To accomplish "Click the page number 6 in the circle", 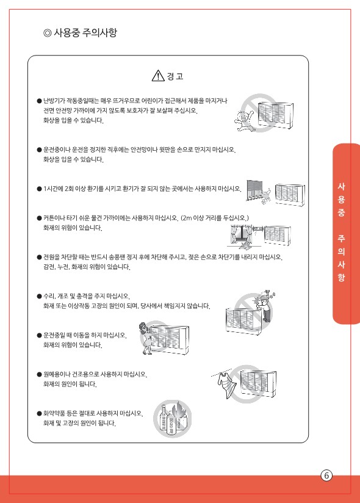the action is point(326,475).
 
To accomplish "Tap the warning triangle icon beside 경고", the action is point(158,76).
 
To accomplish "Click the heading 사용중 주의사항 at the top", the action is point(85,32).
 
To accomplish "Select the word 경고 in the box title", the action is point(175,76).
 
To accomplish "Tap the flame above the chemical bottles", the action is point(178,410).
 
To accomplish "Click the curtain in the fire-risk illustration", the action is point(238,235).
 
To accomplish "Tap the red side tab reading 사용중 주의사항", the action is point(345,234).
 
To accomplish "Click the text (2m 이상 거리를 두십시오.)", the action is point(215,218).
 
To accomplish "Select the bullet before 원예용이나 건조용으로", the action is point(40,374).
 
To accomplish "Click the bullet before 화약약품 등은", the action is point(40,413).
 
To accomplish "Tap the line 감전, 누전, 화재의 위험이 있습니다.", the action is point(87,267).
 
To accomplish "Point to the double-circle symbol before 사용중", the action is point(48,33).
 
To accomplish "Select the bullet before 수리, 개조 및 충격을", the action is point(40,296).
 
